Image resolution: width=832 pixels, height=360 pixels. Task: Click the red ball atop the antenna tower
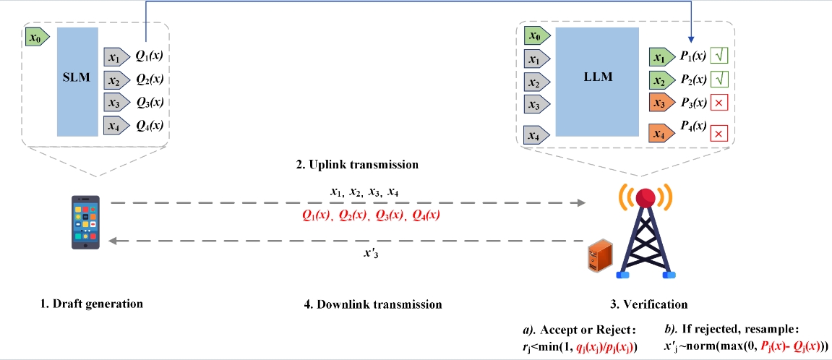click(647, 196)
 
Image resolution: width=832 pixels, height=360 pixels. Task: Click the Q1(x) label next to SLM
click(153, 57)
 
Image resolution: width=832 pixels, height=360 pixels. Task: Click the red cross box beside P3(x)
click(719, 103)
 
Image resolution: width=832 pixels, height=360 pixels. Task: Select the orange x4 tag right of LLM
click(659, 132)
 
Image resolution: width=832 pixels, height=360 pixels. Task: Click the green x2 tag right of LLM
click(659, 80)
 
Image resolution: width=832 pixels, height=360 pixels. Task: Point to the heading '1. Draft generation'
click(91, 304)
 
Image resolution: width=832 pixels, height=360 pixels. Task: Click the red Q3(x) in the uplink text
click(389, 215)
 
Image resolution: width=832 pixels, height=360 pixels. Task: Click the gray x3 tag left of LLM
click(535, 105)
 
